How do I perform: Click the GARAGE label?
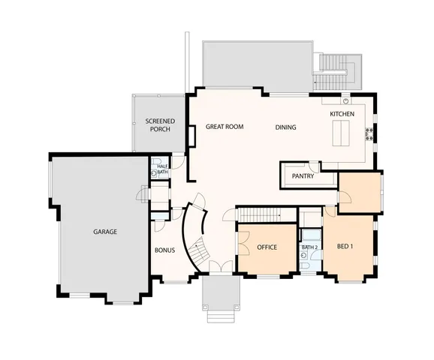105,232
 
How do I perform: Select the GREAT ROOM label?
225,127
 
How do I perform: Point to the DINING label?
285,127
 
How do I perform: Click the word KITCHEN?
342,113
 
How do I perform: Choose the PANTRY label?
303,176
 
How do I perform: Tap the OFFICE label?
267,247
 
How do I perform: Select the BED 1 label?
345,247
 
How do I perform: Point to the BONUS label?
165,250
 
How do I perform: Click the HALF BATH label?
163,169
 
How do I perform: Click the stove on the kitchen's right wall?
369,133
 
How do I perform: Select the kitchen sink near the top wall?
345,100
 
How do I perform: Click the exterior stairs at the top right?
330,71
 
